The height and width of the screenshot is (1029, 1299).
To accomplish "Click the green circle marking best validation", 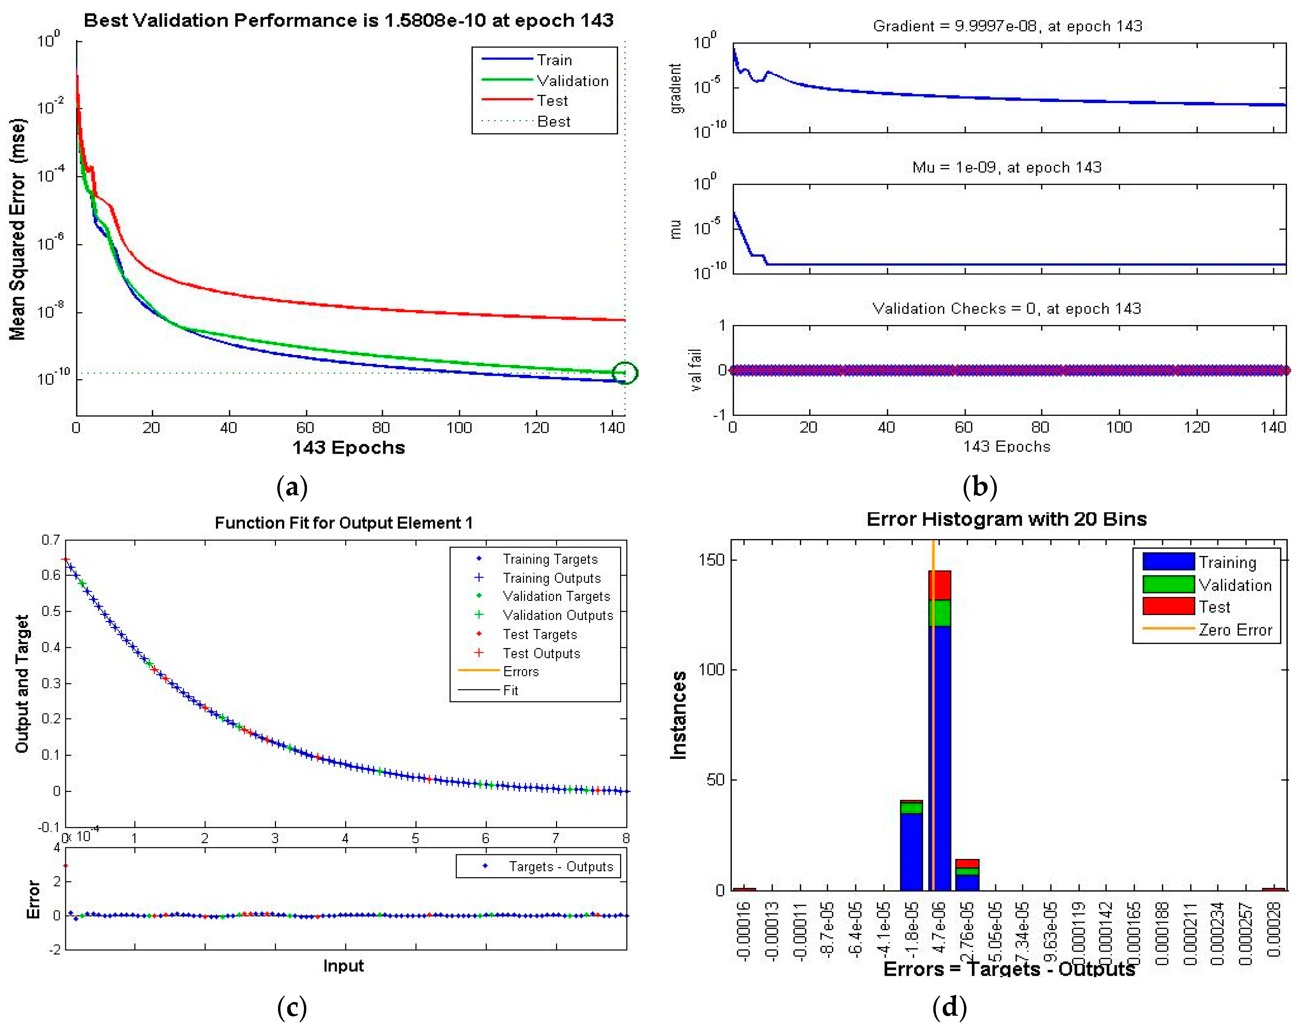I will pos(625,373).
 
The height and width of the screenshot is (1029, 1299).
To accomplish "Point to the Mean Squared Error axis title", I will pos(18,229).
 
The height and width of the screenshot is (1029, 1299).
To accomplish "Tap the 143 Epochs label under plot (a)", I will pos(348,447).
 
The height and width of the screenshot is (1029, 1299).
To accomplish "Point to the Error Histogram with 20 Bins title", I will pos(1006,519).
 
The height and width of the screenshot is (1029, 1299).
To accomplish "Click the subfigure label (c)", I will pos(292,1007).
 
